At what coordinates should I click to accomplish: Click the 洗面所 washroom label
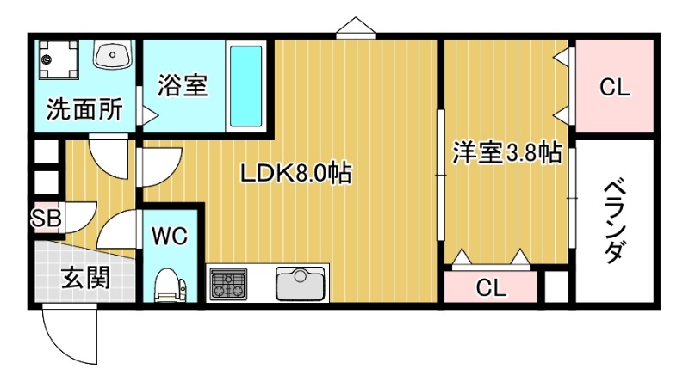point(84,110)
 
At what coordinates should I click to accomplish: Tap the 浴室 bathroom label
point(183,85)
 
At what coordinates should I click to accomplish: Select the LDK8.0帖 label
point(295,173)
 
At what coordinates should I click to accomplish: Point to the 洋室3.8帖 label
point(508,153)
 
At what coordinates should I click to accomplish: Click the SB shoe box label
point(47,219)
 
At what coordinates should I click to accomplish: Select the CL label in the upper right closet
point(615,87)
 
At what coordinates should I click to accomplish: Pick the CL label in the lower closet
point(492,286)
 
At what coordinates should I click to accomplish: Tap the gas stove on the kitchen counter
point(228,283)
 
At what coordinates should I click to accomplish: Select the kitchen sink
point(301,283)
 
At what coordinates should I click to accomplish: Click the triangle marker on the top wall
point(354,28)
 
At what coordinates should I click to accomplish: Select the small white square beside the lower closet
point(557,286)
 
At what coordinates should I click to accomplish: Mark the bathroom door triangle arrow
point(149,114)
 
